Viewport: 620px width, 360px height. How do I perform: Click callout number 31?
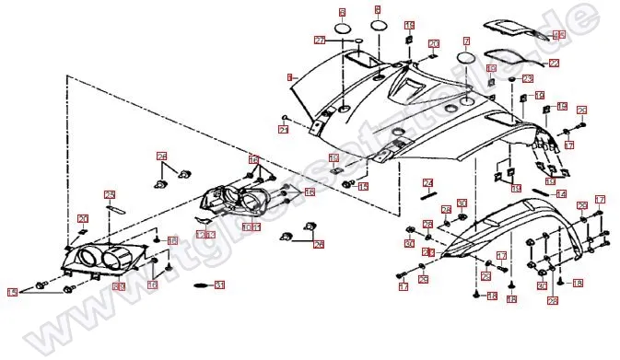tap(219, 285)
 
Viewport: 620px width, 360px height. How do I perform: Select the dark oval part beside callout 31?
tap(199, 285)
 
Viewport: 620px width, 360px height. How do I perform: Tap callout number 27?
tap(321, 41)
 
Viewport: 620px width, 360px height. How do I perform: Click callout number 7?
tap(466, 41)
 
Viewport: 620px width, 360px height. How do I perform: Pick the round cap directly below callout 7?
tap(466, 59)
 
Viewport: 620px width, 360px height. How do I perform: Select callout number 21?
tap(284, 130)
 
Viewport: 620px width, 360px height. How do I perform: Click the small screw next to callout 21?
tap(288, 118)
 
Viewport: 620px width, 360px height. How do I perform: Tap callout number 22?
tap(554, 64)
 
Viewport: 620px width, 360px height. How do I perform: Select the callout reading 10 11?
tap(251, 226)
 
